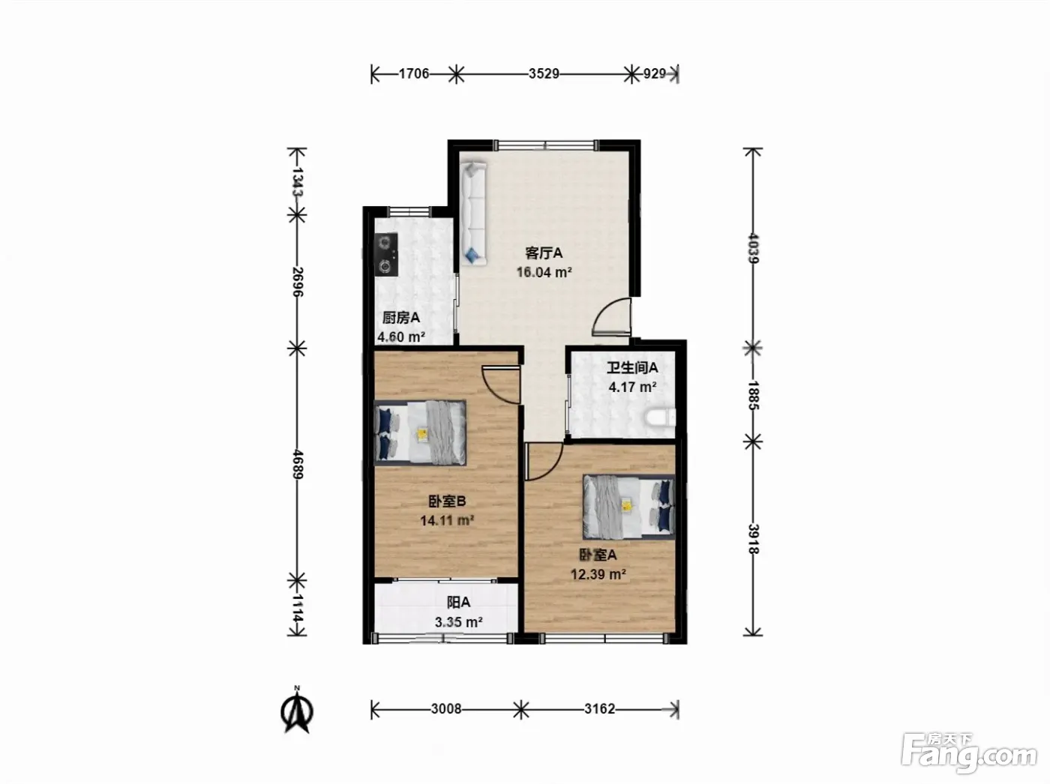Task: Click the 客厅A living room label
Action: click(x=544, y=253)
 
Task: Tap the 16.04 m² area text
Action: click(x=544, y=273)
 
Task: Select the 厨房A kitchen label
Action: click(x=400, y=318)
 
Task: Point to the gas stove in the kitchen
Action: click(x=386, y=254)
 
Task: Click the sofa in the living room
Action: click(x=473, y=214)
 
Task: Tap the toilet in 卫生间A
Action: click(x=660, y=417)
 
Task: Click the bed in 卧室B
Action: click(x=420, y=432)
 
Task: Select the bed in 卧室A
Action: click(x=628, y=507)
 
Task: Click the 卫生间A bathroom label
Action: click(x=632, y=367)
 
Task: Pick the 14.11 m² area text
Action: click(x=447, y=520)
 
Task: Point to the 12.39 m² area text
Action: click(x=598, y=574)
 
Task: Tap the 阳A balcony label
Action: click(x=458, y=603)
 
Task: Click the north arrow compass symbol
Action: click(x=297, y=710)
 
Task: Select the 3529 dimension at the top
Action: click(x=544, y=73)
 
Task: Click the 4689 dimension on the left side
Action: click(x=298, y=464)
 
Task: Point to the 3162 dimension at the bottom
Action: click(x=599, y=708)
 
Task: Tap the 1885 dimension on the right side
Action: click(x=753, y=395)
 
